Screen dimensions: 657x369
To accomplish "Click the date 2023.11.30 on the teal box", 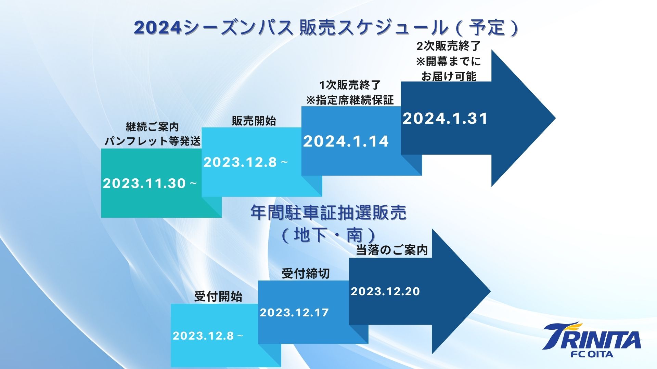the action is coord(144,183).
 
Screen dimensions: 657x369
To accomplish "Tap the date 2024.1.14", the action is coord(346,141).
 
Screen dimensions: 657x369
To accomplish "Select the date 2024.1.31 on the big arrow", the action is coord(445,119).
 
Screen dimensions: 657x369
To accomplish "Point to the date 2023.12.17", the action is coord(294,313).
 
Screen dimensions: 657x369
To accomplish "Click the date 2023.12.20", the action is coord(385,291).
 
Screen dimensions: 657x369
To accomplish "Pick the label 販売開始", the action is coord(254,121).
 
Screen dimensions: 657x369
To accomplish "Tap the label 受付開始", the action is coord(218,296).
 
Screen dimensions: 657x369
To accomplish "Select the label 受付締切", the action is coord(306,273).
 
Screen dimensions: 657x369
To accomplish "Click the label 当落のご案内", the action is coord(392,250).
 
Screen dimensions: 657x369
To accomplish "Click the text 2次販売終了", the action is coord(449,46).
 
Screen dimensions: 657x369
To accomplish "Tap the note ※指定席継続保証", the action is coord(350,100).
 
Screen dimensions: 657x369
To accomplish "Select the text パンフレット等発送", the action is coord(152,141).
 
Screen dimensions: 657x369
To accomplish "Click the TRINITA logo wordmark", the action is coord(592,336).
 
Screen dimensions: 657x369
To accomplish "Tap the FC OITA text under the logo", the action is coord(592,354).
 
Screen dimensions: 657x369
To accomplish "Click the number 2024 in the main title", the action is coord(157,28).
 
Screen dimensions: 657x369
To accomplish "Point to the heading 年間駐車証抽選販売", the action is coord(328,213).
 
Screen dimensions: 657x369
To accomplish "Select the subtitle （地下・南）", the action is coord(328,235).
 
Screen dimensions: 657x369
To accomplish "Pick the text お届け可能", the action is coord(449,76).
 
